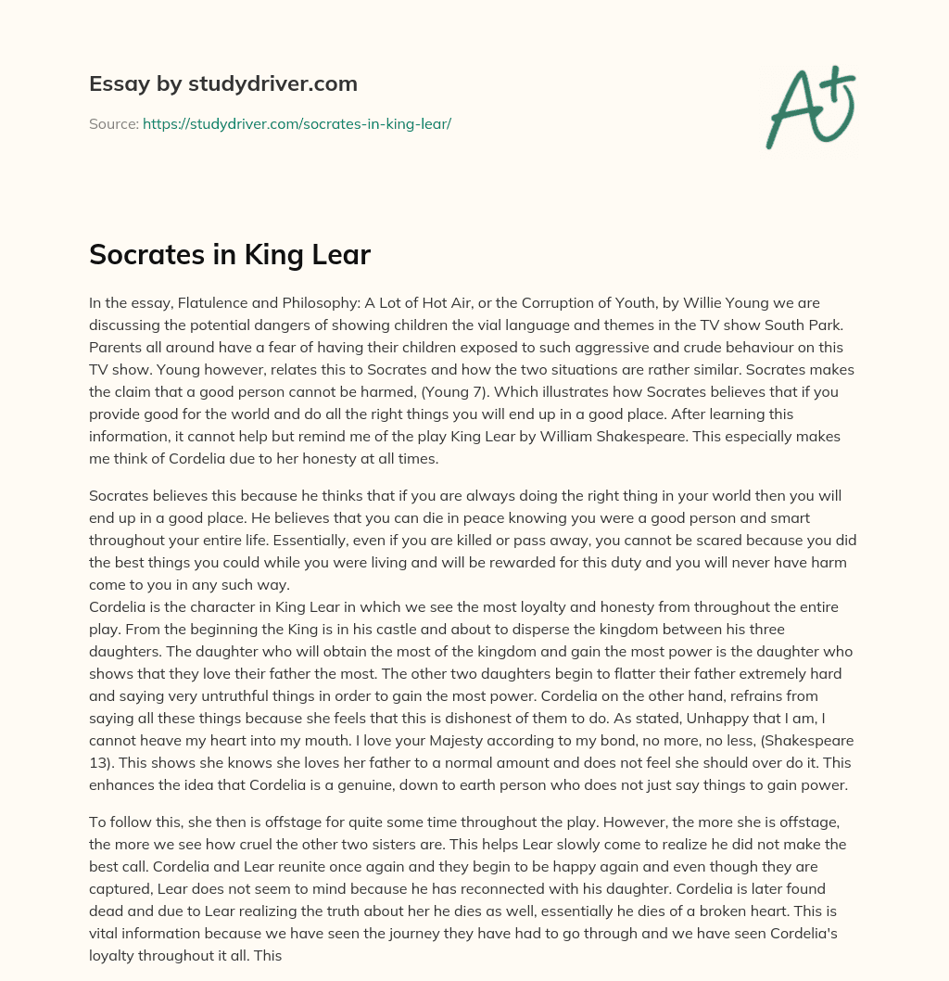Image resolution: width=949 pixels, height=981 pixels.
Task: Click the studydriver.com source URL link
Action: point(297,123)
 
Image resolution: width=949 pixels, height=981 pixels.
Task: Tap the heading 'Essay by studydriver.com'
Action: point(223,83)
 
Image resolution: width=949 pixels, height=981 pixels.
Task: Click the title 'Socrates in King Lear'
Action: point(230,256)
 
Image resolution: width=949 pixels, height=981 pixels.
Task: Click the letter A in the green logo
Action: point(791,109)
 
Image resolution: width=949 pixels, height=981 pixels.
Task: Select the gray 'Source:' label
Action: point(113,123)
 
